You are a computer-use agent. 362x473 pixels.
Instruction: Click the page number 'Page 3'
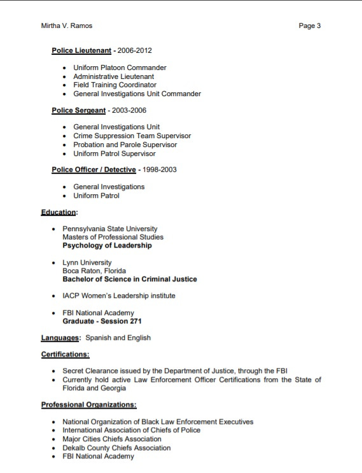tap(309, 26)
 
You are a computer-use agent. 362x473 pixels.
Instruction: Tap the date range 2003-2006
tap(129, 110)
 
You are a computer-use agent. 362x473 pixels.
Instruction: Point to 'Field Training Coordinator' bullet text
tap(115, 85)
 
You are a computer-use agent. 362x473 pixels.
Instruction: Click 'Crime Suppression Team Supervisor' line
tap(132, 136)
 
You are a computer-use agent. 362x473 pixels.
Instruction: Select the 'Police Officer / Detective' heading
tap(94, 170)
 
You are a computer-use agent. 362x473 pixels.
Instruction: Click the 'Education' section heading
tap(58, 212)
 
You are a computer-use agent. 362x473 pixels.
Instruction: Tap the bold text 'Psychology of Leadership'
tap(107, 246)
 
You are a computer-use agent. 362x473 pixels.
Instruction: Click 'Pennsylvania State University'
tap(109, 229)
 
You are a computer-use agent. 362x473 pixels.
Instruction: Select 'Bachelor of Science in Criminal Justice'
tap(129, 279)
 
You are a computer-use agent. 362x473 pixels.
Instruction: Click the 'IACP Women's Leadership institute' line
tap(118, 295)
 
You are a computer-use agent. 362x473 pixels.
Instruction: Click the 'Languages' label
tap(60, 337)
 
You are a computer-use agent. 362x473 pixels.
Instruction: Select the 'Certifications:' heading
tap(65, 354)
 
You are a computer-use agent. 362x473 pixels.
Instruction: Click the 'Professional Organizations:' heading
tap(88, 404)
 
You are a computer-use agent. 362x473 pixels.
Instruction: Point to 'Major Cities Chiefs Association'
tap(112, 439)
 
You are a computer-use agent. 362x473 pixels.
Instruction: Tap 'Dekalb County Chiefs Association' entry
tap(116, 448)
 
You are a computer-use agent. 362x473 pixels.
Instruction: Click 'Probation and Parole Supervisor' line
tap(125, 145)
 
